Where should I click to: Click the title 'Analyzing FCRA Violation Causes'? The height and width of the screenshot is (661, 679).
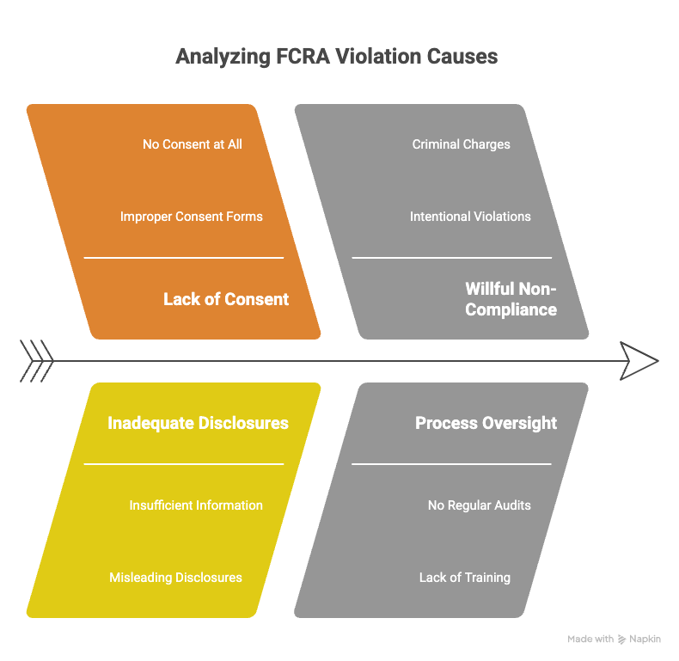point(336,57)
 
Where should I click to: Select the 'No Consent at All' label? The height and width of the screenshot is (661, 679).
point(193,144)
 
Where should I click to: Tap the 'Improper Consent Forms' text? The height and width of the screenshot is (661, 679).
point(192,217)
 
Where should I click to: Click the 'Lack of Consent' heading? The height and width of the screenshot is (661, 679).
point(225,299)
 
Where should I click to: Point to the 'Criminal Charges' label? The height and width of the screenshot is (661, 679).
point(462,144)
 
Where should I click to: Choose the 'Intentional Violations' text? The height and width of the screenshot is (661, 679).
point(470,217)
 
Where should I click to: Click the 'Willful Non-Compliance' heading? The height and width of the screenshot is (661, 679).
point(511,299)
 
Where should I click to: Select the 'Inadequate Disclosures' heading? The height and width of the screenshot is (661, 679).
point(198,423)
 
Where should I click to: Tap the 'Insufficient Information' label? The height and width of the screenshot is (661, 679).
point(196,505)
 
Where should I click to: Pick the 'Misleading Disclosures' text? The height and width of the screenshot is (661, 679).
point(175,578)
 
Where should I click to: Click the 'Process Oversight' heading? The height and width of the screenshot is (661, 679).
point(486,423)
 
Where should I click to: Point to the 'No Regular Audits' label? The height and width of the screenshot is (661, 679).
point(480,505)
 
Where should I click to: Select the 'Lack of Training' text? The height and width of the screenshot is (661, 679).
point(465,578)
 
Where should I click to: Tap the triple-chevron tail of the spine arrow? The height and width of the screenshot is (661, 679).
point(36,361)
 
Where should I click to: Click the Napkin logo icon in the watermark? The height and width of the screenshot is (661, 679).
point(621,640)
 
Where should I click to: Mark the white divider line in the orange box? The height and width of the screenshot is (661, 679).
point(184,258)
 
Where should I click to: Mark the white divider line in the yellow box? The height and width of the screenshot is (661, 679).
point(184,464)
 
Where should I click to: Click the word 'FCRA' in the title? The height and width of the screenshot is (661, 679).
point(303,57)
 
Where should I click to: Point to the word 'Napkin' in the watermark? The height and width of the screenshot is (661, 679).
point(645,640)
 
